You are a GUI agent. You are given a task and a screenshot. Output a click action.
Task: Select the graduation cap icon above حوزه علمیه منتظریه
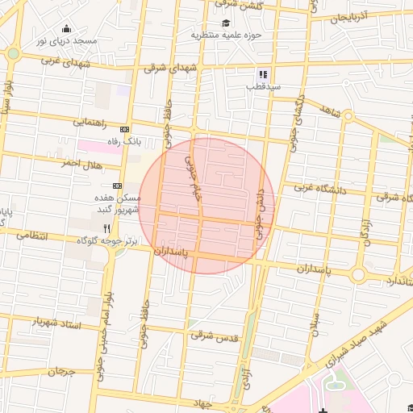(x=226, y=23)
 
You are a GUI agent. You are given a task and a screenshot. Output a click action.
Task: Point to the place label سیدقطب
(x=263, y=84)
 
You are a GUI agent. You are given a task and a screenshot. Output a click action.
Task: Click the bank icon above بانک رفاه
(x=123, y=129)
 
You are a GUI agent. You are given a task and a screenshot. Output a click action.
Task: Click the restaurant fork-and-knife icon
(x=107, y=228)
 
